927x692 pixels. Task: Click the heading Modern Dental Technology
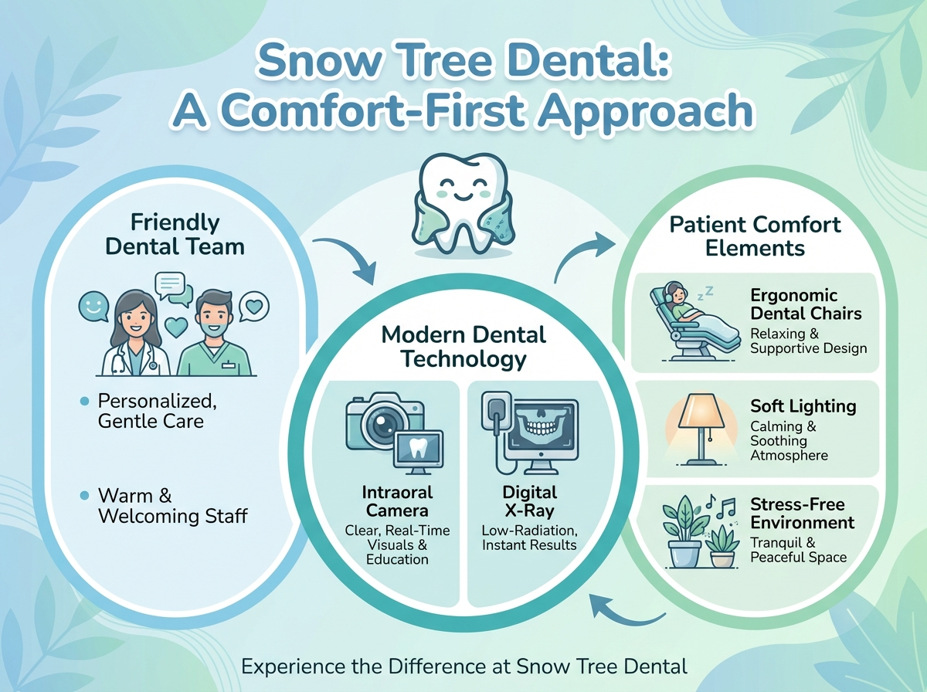(x=464, y=346)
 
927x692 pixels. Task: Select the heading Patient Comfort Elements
(x=755, y=236)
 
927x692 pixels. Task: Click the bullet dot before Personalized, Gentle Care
(x=85, y=401)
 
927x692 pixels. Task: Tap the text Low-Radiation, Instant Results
(x=529, y=538)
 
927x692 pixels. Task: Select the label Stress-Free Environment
(x=802, y=513)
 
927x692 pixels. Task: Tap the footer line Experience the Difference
(x=463, y=666)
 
